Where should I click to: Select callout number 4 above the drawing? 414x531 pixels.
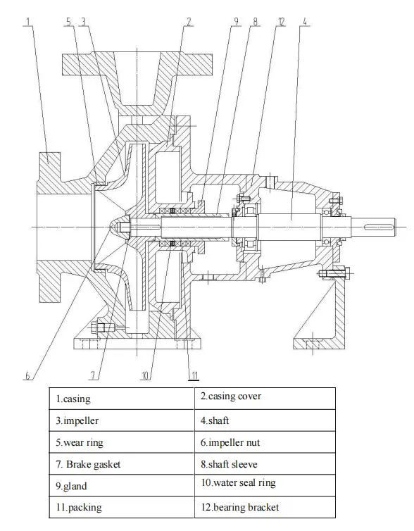(x=304, y=22)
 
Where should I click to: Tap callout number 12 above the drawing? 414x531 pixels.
(x=280, y=22)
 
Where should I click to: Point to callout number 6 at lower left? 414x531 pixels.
(x=28, y=375)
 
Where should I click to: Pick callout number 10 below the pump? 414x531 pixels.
(x=145, y=375)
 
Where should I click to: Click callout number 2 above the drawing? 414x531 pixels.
(x=189, y=22)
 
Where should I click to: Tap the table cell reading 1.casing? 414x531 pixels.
(x=122, y=399)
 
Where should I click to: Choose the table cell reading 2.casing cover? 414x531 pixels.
(x=265, y=397)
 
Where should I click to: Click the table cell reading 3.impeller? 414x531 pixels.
(x=122, y=420)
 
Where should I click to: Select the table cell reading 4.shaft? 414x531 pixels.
(x=265, y=420)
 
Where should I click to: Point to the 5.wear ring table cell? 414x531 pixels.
(x=122, y=442)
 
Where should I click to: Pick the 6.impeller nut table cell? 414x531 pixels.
(x=265, y=442)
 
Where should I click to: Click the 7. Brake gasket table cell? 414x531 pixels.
(x=122, y=464)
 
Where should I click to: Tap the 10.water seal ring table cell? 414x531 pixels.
(x=265, y=485)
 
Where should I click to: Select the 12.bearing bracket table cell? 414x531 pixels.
(x=265, y=507)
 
